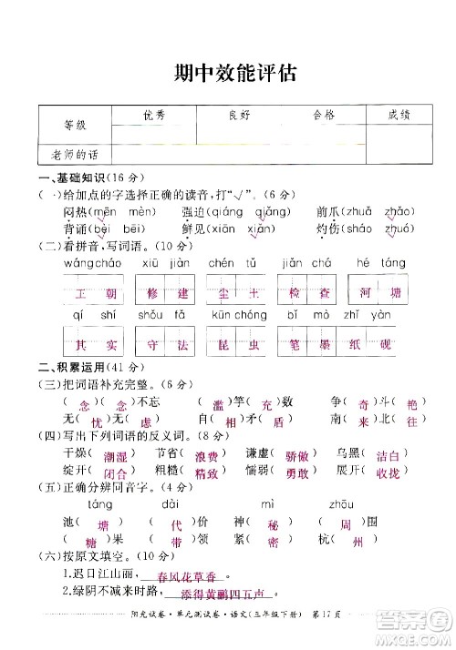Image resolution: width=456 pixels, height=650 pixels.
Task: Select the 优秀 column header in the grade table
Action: tap(154, 116)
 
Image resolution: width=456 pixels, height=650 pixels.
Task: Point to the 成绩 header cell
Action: tap(399, 115)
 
